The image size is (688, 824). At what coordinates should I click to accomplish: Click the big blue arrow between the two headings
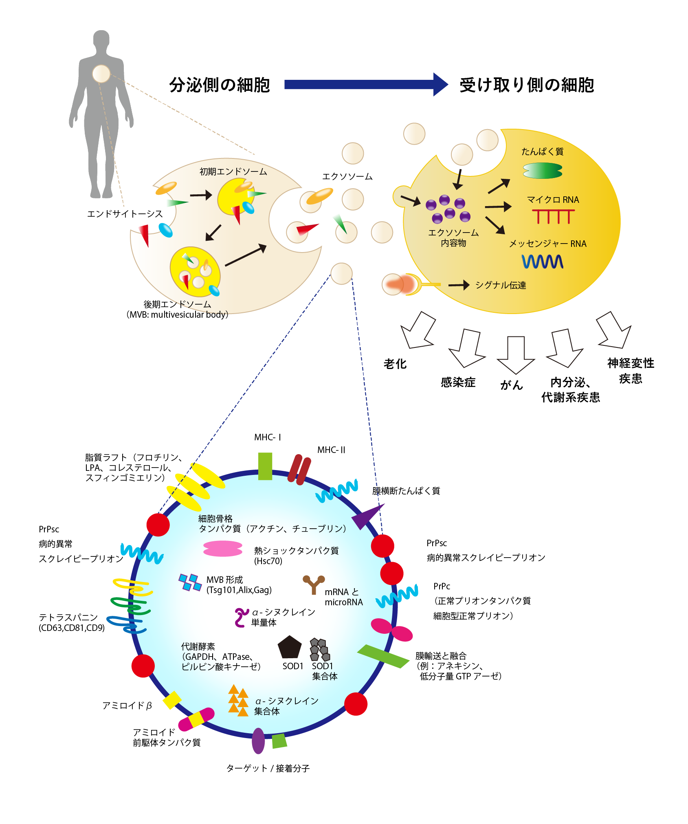[x=366, y=84]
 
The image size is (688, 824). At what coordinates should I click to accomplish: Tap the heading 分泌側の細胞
[x=220, y=85]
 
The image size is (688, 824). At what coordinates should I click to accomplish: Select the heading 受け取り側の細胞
[x=527, y=85]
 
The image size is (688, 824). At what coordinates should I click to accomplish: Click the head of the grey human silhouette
[x=101, y=40]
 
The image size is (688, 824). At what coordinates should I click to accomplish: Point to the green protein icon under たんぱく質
[x=543, y=171]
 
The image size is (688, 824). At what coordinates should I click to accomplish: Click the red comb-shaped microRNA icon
[x=553, y=216]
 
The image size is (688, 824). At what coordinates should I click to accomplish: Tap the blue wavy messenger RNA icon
[x=543, y=261]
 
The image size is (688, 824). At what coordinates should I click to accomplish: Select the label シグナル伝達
[x=501, y=285]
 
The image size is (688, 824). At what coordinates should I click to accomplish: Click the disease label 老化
[x=395, y=364]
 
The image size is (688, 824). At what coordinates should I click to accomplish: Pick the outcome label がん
[x=512, y=385]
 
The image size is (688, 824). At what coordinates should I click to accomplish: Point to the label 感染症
[x=458, y=382]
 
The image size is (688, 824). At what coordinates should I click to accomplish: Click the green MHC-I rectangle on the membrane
[x=265, y=466]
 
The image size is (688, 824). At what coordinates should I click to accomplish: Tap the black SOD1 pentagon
[x=290, y=647]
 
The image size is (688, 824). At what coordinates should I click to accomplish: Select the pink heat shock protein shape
[x=223, y=549]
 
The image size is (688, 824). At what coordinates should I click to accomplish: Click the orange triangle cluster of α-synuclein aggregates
[x=238, y=701]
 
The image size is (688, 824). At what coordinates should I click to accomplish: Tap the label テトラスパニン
[x=68, y=617]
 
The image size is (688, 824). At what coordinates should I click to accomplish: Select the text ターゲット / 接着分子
[x=268, y=769]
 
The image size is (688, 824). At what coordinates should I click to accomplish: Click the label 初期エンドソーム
[x=233, y=171]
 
